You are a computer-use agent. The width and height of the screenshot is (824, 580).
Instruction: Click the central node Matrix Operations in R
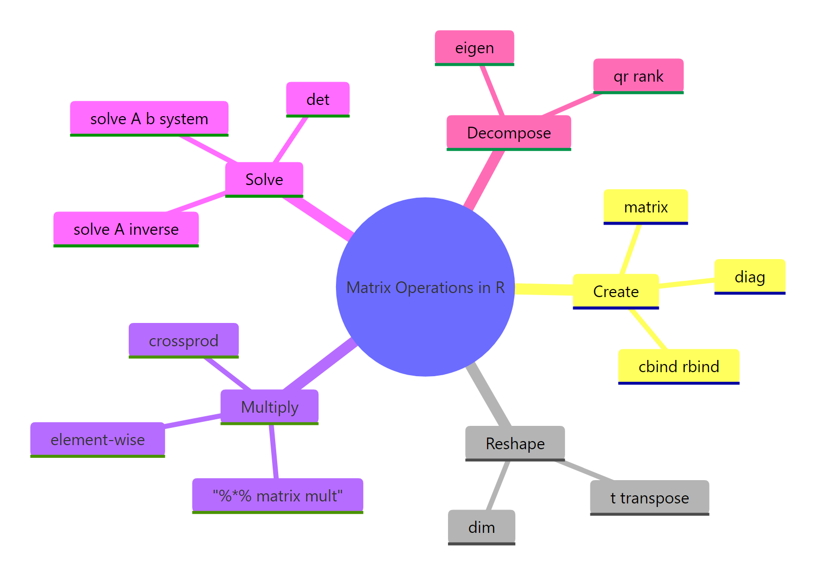point(425,287)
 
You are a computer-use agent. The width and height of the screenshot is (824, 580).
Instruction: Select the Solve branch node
point(264,179)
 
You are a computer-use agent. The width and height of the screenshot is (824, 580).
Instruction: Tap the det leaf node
point(318,99)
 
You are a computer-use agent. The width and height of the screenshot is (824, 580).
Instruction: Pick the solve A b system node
point(149,119)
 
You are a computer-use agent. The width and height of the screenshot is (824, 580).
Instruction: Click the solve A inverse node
point(126,229)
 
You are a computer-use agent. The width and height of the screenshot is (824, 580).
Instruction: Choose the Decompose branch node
point(509,133)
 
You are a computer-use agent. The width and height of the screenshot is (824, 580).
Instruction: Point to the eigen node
point(474,48)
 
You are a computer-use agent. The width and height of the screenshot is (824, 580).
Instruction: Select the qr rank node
point(638,76)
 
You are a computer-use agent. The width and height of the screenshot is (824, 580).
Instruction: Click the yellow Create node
point(616,292)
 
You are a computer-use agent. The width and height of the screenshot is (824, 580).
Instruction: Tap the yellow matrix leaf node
point(646,207)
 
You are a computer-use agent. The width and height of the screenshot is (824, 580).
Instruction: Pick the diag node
point(750,277)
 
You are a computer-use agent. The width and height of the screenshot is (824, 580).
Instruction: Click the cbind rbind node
point(679,367)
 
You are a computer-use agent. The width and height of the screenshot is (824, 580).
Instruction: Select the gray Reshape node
point(515,444)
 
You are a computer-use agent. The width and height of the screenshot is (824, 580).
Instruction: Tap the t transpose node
point(649,498)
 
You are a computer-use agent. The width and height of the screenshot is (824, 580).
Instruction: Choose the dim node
point(481,527)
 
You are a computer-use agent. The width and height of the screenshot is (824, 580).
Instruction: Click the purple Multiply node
point(270,407)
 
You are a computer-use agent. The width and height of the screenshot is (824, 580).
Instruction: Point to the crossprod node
point(183,341)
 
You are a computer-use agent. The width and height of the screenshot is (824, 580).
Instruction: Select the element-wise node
point(98,440)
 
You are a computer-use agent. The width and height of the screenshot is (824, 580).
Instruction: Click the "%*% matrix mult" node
point(278,496)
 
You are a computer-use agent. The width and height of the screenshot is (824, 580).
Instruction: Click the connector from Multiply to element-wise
point(193,421)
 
